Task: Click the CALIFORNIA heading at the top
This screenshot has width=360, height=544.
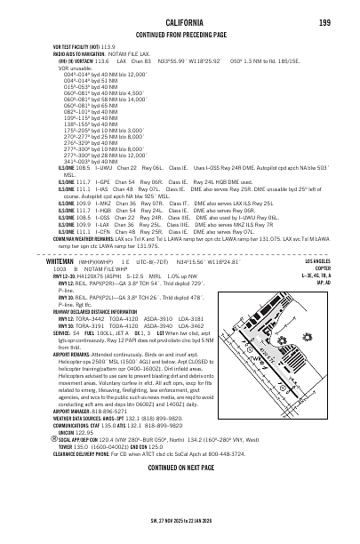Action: pos(180,20)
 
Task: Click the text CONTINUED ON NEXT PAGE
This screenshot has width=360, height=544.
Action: pos(180,492)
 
